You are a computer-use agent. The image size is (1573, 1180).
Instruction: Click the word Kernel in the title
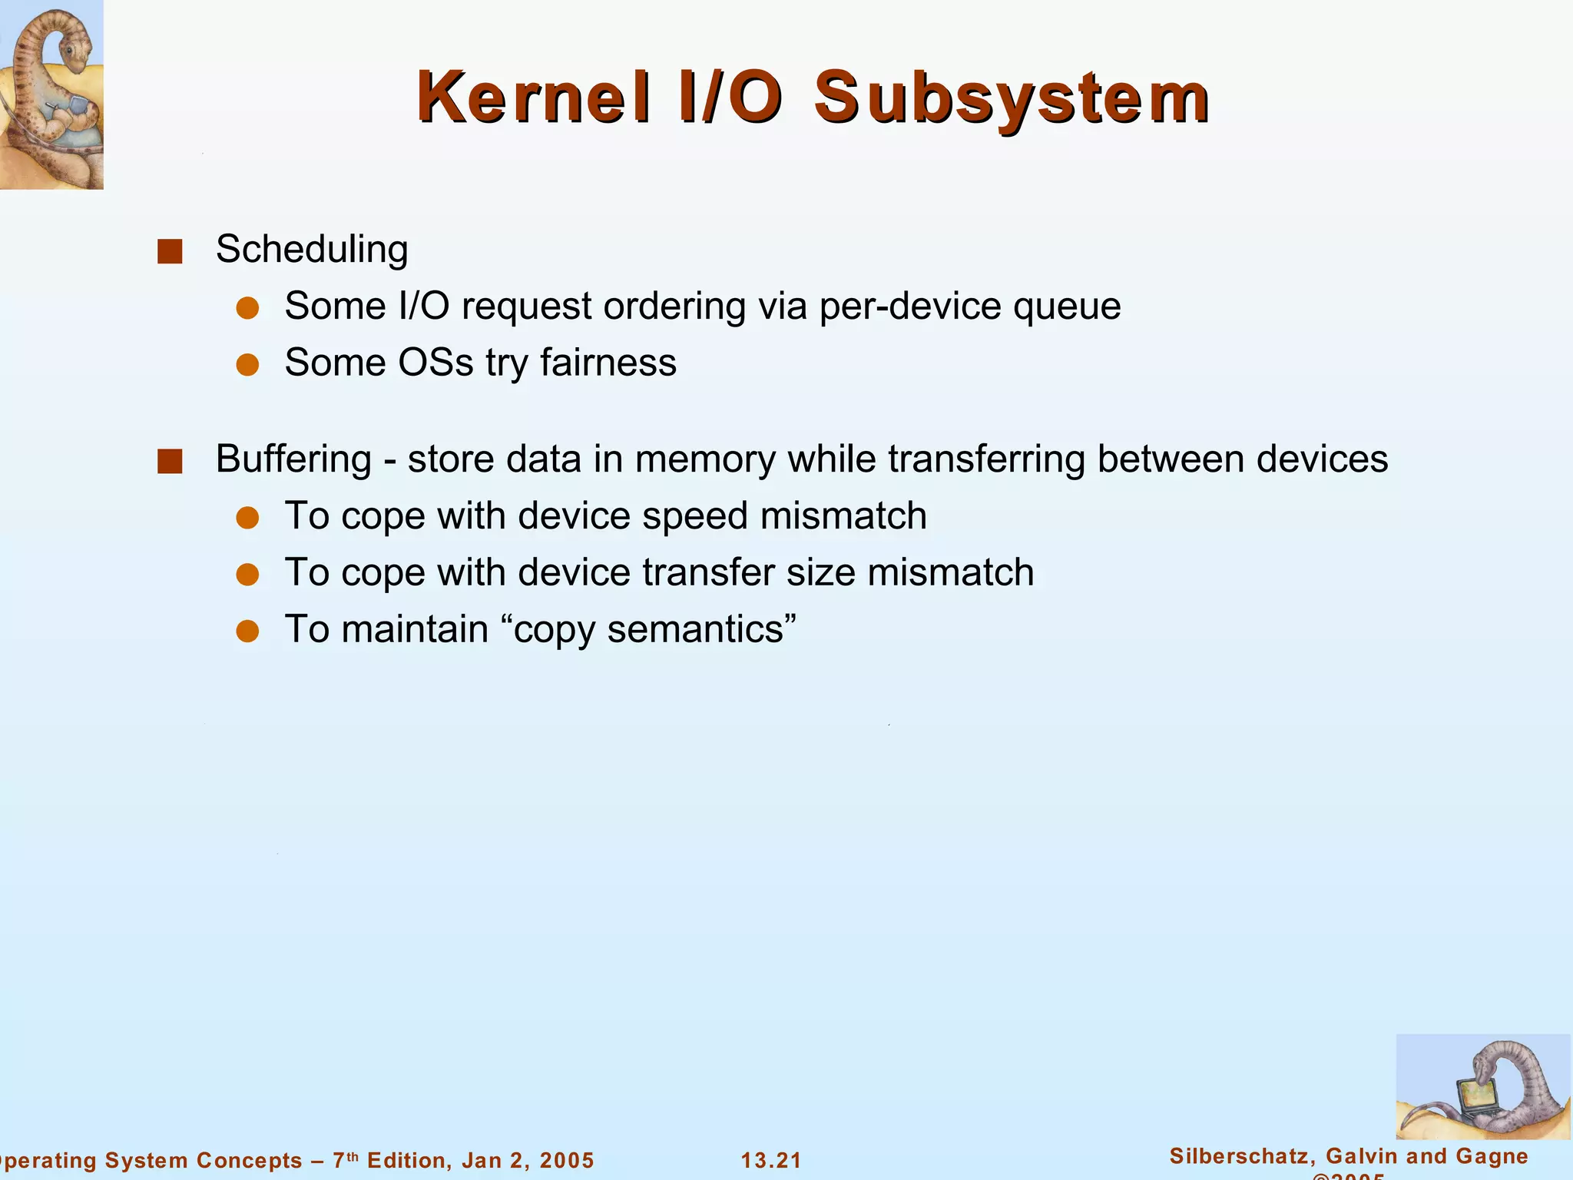(534, 98)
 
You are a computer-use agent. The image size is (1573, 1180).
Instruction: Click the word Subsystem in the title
(1012, 98)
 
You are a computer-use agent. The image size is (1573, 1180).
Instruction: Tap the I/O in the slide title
(730, 98)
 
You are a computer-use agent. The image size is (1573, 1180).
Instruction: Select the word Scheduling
(311, 250)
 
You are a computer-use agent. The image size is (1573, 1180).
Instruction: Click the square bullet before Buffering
(170, 462)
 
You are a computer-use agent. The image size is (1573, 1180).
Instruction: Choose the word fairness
(608, 363)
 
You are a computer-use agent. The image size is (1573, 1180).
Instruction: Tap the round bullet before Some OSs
(247, 365)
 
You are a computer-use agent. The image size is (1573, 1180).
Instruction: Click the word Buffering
(293, 459)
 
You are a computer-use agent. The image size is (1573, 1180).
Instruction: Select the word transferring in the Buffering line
(986, 459)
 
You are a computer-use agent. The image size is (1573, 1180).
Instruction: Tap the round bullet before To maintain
(247, 631)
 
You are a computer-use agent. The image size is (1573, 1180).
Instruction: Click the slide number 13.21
(771, 1160)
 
